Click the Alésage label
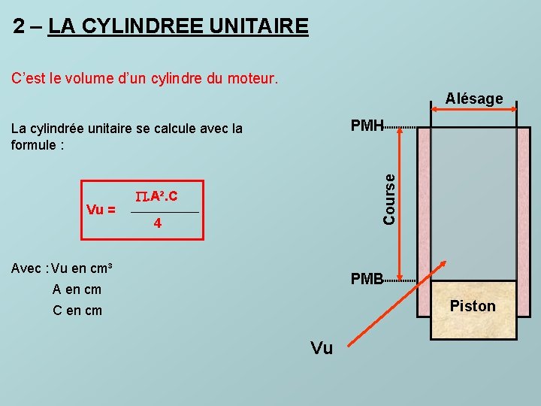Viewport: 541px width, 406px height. tap(474, 98)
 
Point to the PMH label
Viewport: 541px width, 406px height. tap(367, 126)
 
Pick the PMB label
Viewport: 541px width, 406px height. tap(367, 279)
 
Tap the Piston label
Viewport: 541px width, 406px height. tap(473, 306)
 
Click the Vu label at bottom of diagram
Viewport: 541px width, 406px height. tap(322, 348)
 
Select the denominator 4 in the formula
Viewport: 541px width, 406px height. tap(157, 223)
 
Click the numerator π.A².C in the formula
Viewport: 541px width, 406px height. tap(157, 197)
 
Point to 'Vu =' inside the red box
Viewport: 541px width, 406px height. tap(101, 210)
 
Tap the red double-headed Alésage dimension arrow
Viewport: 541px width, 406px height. tap(474, 110)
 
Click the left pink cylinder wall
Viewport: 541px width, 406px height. tap(424, 203)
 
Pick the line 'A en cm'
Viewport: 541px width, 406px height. tap(77, 289)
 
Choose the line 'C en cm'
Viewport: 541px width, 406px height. tap(77, 311)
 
